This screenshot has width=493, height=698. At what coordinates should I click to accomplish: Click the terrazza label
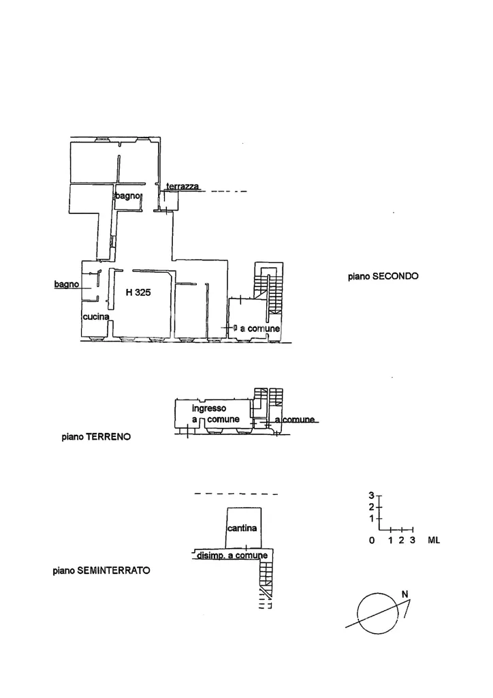click(x=182, y=186)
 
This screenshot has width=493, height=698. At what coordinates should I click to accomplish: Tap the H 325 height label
click(x=138, y=292)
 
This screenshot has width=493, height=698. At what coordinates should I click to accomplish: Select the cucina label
click(x=96, y=316)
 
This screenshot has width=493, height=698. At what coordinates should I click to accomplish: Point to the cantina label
click(x=242, y=528)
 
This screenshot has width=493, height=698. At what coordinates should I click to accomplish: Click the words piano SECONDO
click(x=383, y=276)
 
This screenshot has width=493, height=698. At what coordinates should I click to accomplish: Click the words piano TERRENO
click(x=96, y=437)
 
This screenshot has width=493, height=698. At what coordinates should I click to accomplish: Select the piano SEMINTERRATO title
click(x=101, y=571)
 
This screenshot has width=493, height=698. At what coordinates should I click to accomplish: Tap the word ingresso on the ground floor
click(x=209, y=408)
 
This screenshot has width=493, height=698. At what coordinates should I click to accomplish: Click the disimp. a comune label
click(x=232, y=555)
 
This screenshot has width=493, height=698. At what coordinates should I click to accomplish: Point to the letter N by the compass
click(x=405, y=594)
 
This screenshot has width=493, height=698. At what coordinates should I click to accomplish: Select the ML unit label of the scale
click(x=434, y=540)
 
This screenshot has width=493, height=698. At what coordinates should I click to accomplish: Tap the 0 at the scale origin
click(x=372, y=540)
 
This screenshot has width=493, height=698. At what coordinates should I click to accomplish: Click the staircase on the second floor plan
click(x=269, y=289)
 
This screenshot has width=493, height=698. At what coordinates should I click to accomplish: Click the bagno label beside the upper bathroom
click(x=127, y=196)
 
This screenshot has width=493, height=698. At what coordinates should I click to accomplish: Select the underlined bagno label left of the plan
click(x=67, y=284)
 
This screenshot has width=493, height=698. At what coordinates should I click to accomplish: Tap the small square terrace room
click(x=170, y=200)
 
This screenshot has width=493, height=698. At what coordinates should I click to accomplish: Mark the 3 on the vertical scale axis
click(x=372, y=495)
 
